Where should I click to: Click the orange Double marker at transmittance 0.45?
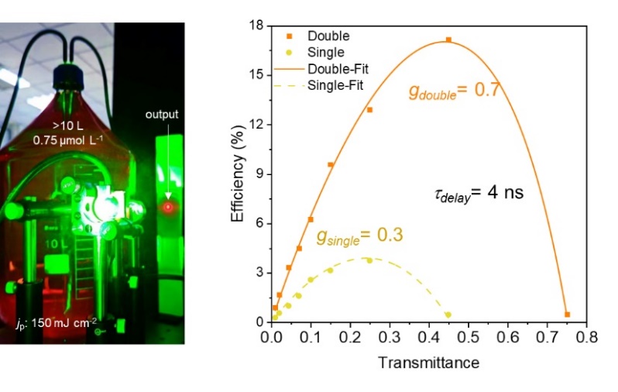tap(448, 40)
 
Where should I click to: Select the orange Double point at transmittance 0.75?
tap(567, 315)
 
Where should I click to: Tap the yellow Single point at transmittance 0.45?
tap(448, 315)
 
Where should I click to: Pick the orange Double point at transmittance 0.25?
tap(369, 110)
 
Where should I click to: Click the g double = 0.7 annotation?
tap(452, 91)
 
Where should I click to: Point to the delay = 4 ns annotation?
tap(479, 193)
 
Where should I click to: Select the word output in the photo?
tap(162, 115)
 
